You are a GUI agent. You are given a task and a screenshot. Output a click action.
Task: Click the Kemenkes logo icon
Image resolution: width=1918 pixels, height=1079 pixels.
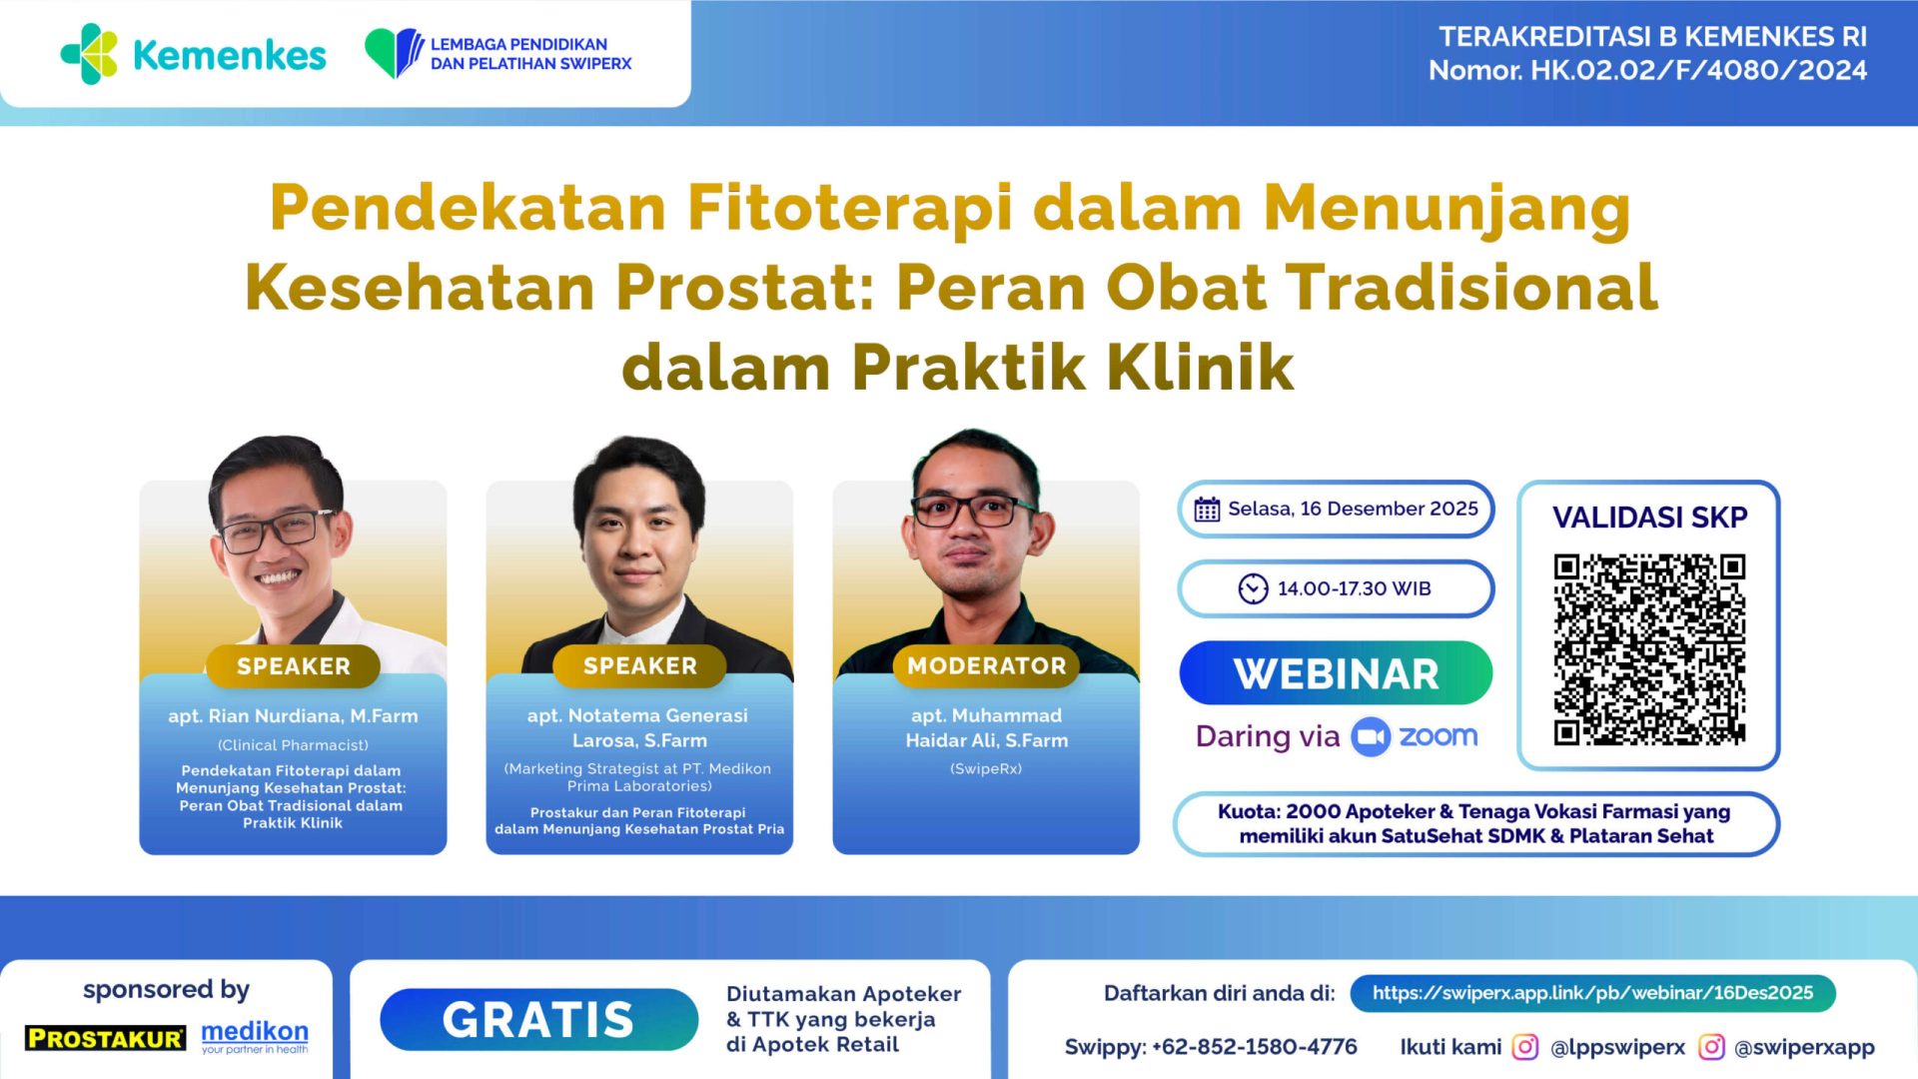pyautogui.click(x=90, y=54)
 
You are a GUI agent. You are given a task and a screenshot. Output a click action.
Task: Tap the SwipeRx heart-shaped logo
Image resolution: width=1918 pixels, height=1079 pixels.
pyautogui.click(x=394, y=52)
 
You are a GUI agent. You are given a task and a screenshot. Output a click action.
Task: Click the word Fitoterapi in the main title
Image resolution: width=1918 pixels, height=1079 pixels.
pyautogui.click(x=849, y=208)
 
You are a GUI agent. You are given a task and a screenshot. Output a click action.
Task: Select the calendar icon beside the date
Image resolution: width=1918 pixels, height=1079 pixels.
pyautogui.click(x=1207, y=510)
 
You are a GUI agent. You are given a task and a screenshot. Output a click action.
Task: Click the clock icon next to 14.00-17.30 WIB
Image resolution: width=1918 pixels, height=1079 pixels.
pyautogui.click(x=1253, y=588)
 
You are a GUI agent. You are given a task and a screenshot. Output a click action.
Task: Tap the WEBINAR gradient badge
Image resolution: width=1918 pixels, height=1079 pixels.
pyautogui.click(x=1336, y=673)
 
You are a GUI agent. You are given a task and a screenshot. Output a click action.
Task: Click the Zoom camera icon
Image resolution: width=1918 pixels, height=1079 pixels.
pyautogui.click(x=1371, y=737)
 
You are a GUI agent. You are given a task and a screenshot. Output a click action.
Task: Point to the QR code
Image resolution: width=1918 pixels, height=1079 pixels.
pyautogui.click(x=1649, y=649)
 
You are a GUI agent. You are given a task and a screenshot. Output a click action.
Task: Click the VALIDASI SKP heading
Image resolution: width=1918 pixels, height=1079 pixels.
pyautogui.click(x=1649, y=518)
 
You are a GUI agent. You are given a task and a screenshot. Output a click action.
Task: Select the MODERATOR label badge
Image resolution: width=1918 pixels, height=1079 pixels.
pyautogui.click(x=986, y=666)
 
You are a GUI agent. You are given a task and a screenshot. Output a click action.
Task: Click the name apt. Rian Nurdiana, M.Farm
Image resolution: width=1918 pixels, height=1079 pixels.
pyautogui.click(x=293, y=716)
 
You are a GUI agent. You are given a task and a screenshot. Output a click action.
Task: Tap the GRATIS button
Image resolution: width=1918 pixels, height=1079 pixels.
pyautogui.click(x=538, y=1020)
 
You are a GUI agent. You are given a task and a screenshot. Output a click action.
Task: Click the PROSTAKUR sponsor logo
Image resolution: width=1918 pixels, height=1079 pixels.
pyautogui.click(x=106, y=1038)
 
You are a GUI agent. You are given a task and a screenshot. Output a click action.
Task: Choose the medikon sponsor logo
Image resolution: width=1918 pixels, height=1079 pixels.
pyautogui.click(x=255, y=1035)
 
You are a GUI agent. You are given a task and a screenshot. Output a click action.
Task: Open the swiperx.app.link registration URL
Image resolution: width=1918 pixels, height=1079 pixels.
pyautogui.click(x=1592, y=993)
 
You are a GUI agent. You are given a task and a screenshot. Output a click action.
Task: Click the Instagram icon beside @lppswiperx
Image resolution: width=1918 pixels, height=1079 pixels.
pyautogui.click(x=1524, y=1047)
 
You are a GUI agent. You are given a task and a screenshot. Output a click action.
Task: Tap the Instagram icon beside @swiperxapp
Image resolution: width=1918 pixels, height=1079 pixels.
pyautogui.click(x=1711, y=1047)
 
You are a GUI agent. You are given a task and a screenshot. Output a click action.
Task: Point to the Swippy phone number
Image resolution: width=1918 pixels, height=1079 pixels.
pyautogui.click(x=1254, y=1047)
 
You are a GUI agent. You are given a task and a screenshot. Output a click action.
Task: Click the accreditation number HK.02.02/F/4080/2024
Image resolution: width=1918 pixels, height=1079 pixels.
pyautogui.click(x=1698, y=71)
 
